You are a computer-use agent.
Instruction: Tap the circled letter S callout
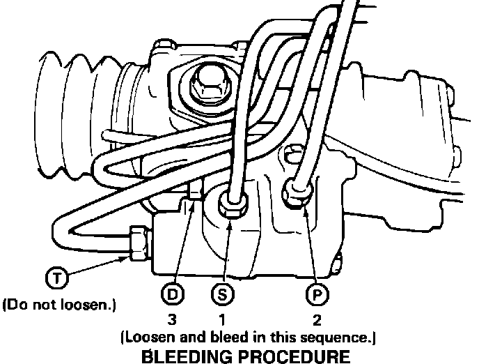(221, 294)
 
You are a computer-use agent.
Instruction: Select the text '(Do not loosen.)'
(59, 305)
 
